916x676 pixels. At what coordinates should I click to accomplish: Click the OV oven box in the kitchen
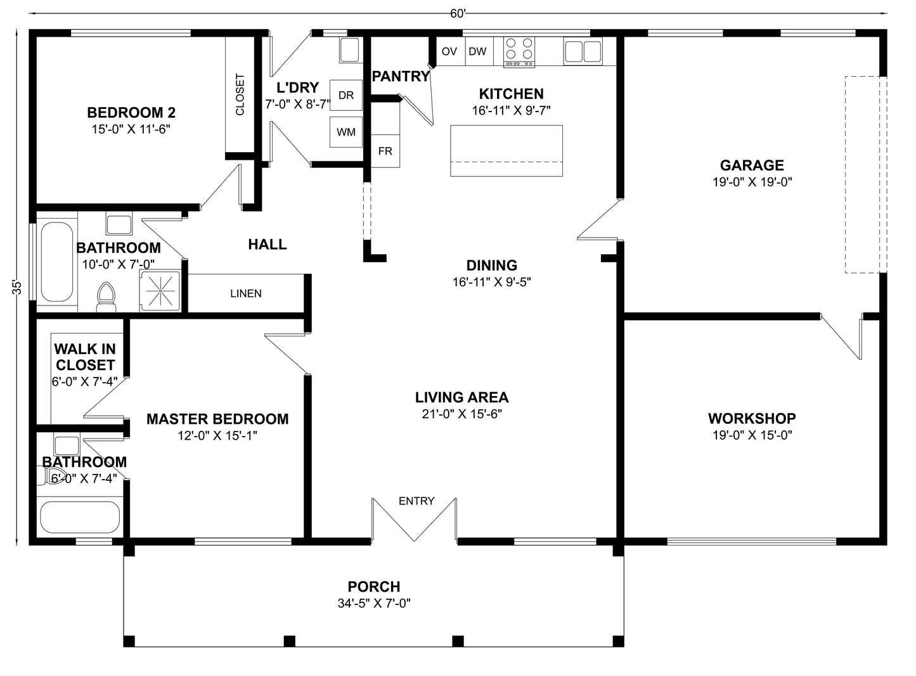(x=449, y=51)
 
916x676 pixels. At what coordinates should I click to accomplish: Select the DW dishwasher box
(x=477, y=51)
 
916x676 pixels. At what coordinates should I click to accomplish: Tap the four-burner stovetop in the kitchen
(x=519, y=51)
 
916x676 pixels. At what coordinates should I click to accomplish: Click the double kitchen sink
(x=583, y=51)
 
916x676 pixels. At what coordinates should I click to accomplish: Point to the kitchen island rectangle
(x=506, y=151)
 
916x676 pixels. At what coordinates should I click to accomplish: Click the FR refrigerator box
(x=385, y=151)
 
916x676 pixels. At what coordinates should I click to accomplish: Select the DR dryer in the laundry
(x=346, y=96)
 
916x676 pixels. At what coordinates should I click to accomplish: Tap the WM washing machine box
(x=346, y=132)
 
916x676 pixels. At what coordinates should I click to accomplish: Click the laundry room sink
(x=349, y=50)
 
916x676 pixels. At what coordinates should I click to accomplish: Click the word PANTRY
(x=401, y=77)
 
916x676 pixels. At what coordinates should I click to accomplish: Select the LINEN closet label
(x=246, y=293)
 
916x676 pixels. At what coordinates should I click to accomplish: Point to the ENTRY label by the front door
(x=416, y=501)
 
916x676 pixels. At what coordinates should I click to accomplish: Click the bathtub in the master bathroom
(x=80, y=518)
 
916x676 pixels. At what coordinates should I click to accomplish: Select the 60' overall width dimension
(x=458, y=14)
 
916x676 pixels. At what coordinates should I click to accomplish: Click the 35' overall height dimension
(x=18, y=287)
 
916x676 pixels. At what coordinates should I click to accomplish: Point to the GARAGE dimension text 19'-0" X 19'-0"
(x=752, y=182)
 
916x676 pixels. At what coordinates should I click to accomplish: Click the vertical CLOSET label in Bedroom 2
(x=240, y=95)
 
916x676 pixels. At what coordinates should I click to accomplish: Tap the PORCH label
(x=374, y=587)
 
